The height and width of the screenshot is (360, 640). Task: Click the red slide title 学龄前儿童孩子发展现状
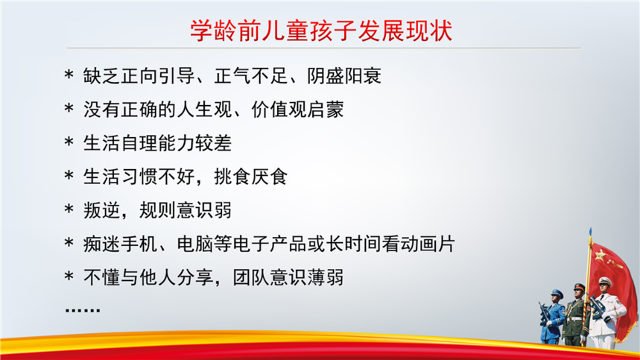[321, 31]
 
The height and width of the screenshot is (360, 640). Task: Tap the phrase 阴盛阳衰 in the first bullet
[344, 75]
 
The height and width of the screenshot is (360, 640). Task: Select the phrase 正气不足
[251, 75]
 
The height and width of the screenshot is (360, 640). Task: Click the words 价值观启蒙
[297, 110]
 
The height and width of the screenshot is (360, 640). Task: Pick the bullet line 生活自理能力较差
[157, 143]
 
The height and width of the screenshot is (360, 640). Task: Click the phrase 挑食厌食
[251, 177]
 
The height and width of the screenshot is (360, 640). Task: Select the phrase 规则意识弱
[186, 211]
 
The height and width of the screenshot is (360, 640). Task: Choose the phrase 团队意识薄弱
[288, 277]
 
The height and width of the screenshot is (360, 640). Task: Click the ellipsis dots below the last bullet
[83, 310]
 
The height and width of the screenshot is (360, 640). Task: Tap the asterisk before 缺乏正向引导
[69, 75]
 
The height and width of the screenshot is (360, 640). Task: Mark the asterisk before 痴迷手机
[69, 243]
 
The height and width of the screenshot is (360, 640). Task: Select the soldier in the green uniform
[576, 315]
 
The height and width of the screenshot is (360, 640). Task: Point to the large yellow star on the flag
[600, 256]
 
